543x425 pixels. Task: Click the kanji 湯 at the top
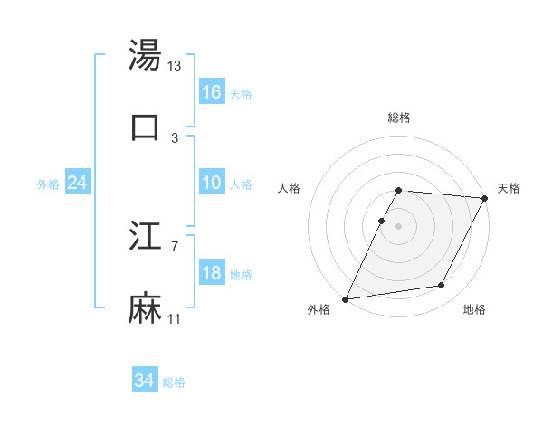point(145,55)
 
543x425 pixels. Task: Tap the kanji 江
point(145,238)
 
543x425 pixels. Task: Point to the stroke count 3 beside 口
point(175,137)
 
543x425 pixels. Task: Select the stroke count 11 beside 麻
point(176,319)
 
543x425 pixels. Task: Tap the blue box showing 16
point(212,92)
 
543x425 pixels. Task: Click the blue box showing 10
point(212,183)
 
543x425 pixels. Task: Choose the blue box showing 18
point(212,273)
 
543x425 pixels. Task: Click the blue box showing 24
point(78,183)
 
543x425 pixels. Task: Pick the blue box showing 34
point(145,381)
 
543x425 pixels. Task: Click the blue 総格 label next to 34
point(175,382)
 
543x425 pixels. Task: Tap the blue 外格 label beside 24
point(48,184)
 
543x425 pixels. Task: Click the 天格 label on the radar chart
point(509,188)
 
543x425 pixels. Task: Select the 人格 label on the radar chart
point(289,188)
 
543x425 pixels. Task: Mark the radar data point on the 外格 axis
point(346,298)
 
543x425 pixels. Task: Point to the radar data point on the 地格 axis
point(442,286)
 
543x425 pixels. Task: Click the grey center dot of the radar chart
point(398,225)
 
